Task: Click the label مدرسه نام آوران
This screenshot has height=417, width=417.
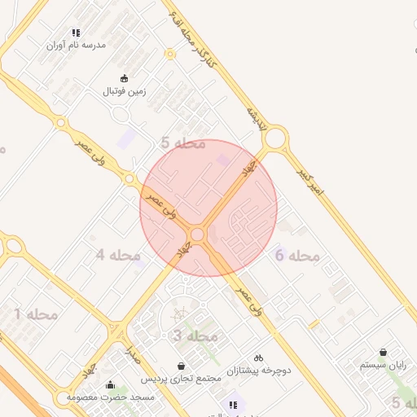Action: click(76, 46)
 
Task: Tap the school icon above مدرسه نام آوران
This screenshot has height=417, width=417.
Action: click(76, 33)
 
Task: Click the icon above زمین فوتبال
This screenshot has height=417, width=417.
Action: click(124, 79)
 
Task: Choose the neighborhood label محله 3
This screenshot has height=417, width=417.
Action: click(195, 336)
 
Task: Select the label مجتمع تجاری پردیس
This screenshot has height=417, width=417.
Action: click(181, 380)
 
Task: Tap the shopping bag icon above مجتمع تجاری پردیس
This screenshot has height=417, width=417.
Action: click(181, 367)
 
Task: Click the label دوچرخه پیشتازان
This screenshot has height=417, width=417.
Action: click(258, 371)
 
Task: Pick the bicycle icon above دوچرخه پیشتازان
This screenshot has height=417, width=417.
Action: click(258, 358)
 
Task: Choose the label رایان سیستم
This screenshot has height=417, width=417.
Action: click(384, 366)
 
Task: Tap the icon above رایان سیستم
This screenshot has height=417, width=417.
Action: click(384, 353)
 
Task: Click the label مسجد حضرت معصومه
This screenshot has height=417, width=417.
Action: click(110, 397)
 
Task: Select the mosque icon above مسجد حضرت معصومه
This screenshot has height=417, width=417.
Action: click(110, 384)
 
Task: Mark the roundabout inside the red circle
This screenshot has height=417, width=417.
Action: click(196, 235)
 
